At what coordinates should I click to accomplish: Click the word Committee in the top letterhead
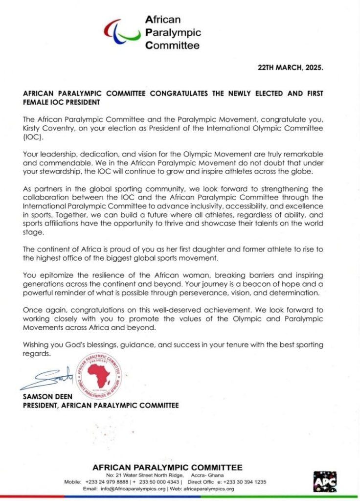tap(173, 46)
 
